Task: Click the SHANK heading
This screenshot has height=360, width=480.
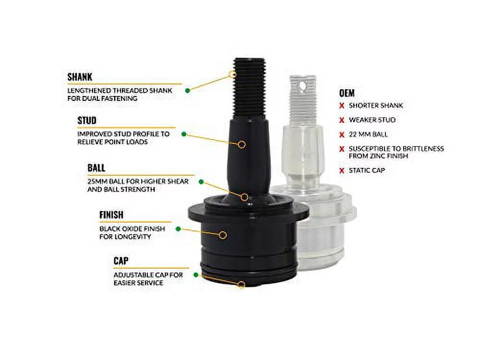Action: pyautogui.click(x=80, y=77)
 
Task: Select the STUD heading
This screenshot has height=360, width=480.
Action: pyautogui.click(x=87, y=120)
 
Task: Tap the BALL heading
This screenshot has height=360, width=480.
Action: pyautogui.click(x=96, y=168)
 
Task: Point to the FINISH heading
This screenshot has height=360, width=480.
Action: pyautogui.click(x=111, y=215)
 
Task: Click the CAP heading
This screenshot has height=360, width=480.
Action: pyautogui.click(x=121, y=261)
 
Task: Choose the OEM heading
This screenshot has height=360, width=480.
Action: pyautogui.click(x=347, y=93)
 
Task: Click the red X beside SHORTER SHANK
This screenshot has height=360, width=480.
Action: pyautogui.click(x=342, y=106)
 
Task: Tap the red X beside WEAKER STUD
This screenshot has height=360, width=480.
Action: pyautogui.click(x=342, y=120)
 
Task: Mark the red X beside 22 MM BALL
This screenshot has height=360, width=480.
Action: pyautogui.click(x=342, y=134)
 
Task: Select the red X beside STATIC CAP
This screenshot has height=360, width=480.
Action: pyautogui.click(x=342, y=170)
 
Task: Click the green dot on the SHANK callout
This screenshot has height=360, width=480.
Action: pyautogui.click(x=188, y=90)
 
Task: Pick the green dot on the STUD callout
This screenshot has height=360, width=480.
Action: pyautogui.click(x=184, y=134)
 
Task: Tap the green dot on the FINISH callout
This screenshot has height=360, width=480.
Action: pyautogui.click(x=178, y=228)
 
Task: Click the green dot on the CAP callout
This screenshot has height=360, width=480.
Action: pyautogui.click(x=196, y=275)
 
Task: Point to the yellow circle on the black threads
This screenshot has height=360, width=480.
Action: pyautogui.click(x=233, y=74)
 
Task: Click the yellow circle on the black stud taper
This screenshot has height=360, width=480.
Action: pyautogui.click(x=242, y=144)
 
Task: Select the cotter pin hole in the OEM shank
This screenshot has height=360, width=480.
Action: pyautogui.click(x=303, y=86)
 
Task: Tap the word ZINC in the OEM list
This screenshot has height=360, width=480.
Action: pyautogui.click(x=379, y=156)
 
